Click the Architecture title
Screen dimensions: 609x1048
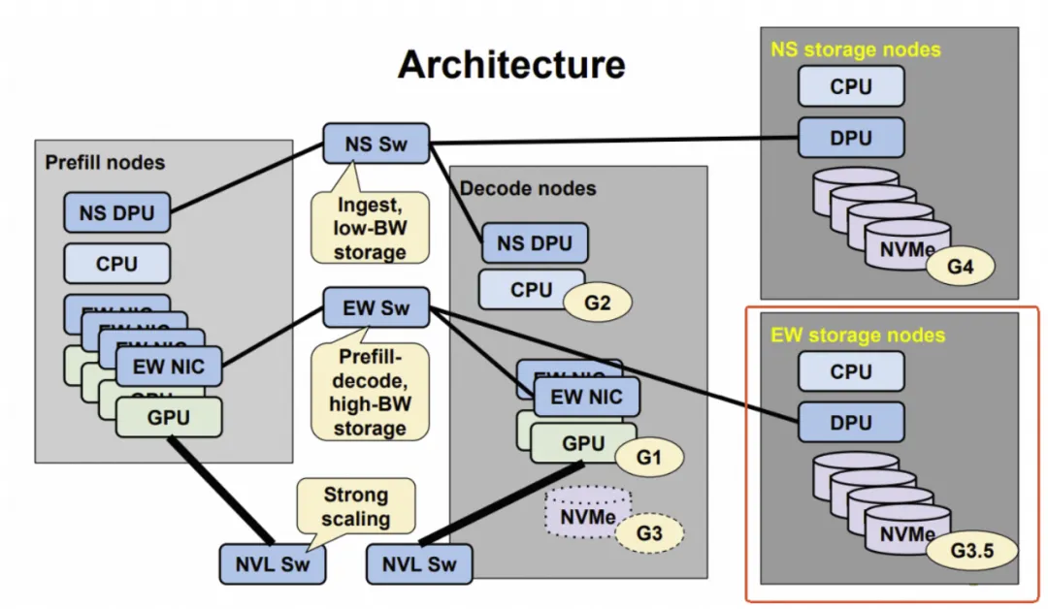coord(511,65)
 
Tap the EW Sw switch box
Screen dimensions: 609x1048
coord(377,309)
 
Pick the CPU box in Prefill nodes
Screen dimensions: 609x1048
coord(116,263)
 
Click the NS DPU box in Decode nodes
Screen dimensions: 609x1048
coord(535,242)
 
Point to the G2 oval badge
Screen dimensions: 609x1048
coord(598,301)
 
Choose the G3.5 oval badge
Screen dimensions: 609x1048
coord(969,551)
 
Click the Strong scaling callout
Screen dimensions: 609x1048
coord(355,505)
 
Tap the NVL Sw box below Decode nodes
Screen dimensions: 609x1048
coord(420,562)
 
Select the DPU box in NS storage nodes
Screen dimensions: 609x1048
coord(851,137)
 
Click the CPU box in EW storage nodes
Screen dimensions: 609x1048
coord(851,370)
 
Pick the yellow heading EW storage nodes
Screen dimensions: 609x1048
coord(857,336)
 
